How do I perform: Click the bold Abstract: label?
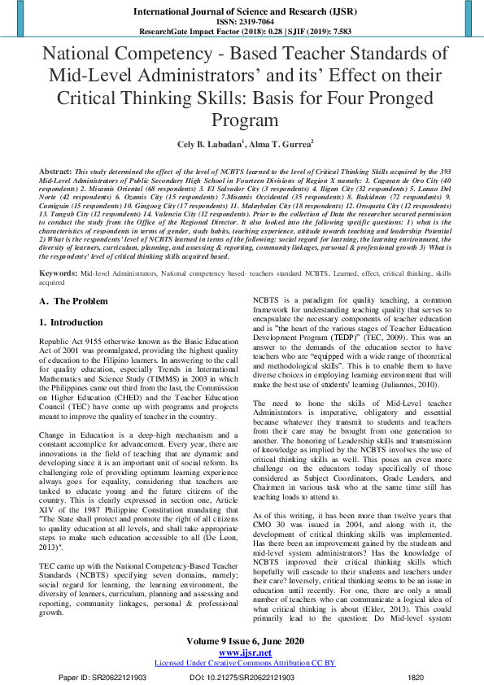pos(56,173)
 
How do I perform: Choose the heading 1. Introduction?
pos(72,322)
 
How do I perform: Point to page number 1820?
pos(415,676)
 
